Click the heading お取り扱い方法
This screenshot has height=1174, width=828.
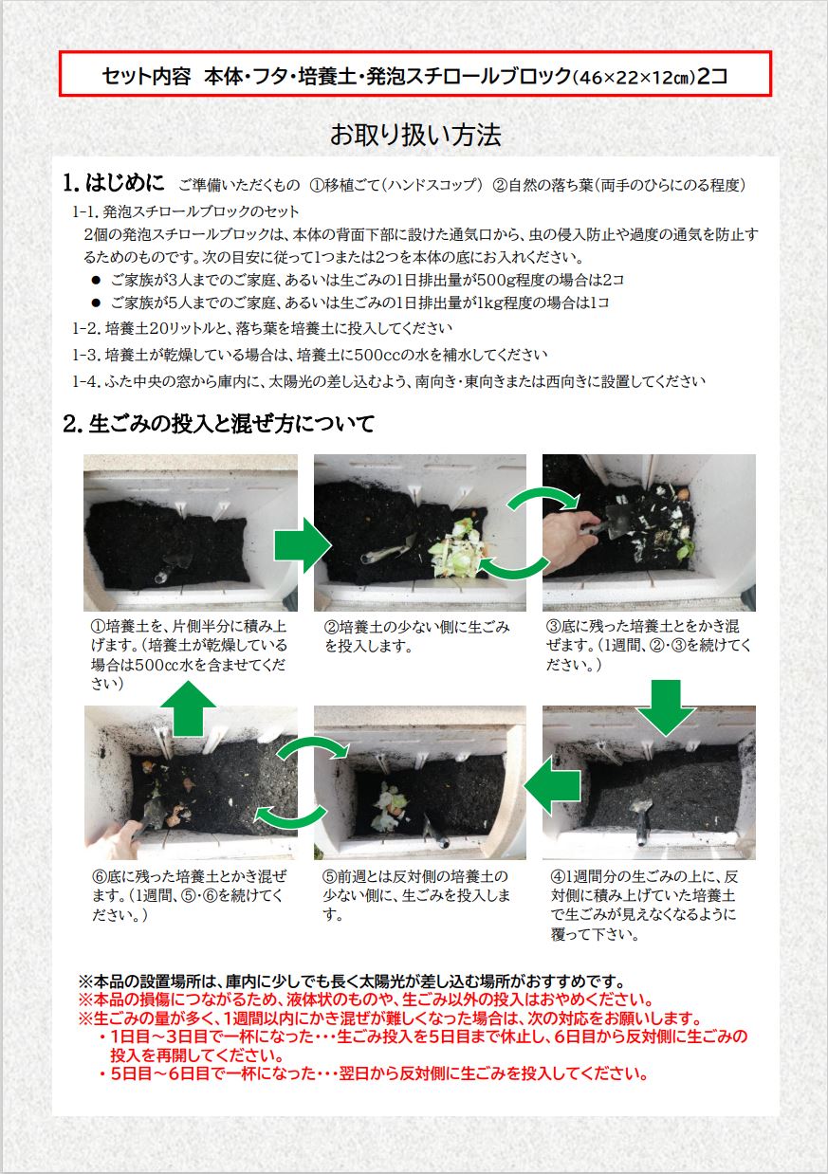[x=415, y=135]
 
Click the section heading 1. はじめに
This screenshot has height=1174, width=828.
[x=114, y=183]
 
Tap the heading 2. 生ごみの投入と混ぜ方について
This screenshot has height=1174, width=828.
[x=218, y=424]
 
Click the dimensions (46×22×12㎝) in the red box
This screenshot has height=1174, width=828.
[x=635, y=78]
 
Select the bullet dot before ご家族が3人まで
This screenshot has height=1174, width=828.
[x=96, y=281]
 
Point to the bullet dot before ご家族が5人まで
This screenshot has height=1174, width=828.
[x=96, y=303]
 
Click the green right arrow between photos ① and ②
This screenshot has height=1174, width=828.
[x=303, y=545]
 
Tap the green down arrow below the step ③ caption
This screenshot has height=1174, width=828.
[x=666, y=707]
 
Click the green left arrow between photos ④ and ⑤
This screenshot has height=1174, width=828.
[x=552, y=786]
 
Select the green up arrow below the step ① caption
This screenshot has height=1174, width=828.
[x=188, y=708]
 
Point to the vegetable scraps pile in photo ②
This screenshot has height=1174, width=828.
[x=457, y=549]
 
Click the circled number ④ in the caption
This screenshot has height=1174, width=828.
[x=557, y=876]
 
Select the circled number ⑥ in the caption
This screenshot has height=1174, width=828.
[x=100, y=876]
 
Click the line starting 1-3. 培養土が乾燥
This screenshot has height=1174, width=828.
[x=310, y=355]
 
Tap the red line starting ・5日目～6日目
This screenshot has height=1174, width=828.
[x=373, y=1073]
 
